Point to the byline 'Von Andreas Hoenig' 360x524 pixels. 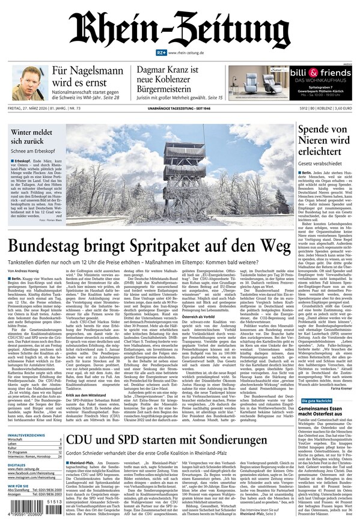(25, 270)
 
